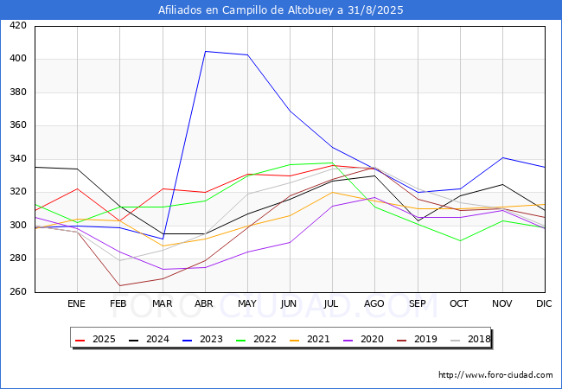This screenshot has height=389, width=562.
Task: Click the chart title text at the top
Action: pyautogui.click(x=281, y=10)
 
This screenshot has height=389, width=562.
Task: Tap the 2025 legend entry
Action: pyautogui.click(x=95, y=339)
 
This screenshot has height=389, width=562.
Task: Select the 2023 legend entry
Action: pyautogui.click(x=202, y=339)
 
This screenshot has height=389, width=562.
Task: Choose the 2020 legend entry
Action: pyautogui.click(x=363, y=339)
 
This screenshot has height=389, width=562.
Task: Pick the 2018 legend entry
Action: pyautogui.click(x=470, y=339)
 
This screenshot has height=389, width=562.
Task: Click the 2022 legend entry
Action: pyautogui.click(x=256, y=339)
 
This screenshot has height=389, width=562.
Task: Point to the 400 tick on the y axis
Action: pyautogui.click(x=18, y=59)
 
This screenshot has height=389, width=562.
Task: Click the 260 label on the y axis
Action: pyautogui.click(x=18, y=291)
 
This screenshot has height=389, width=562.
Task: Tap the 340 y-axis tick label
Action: pyautogui.click(x=18, y=158)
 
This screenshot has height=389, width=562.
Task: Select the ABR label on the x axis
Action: pyautogui.click(x=204, y=303)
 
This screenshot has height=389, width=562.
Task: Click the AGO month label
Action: pyautogui.click(x=374, y=303)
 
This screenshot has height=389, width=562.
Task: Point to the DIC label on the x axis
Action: pyautogui.click(x=544, y=303)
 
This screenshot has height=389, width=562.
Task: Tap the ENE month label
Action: pyautogui.click(x=76, y=303)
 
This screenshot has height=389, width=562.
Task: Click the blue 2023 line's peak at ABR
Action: pyautogui.click(x=206, y=51)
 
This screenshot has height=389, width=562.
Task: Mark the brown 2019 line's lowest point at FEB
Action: pyautogui.click(x=119, y=285)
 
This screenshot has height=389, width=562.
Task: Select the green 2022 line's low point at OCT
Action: pyautogui.click(x=460, y=240)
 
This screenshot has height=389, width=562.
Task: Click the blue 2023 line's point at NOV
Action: pyautogui.click(x=503, y=157)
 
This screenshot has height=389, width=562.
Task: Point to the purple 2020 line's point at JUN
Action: pyautogui.click(x=290, y=243)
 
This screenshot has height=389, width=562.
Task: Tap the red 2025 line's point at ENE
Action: pyautogui.click(x=78, y=188)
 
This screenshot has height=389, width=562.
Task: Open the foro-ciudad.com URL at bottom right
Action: pyautogui.click(x=495, y=375)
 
